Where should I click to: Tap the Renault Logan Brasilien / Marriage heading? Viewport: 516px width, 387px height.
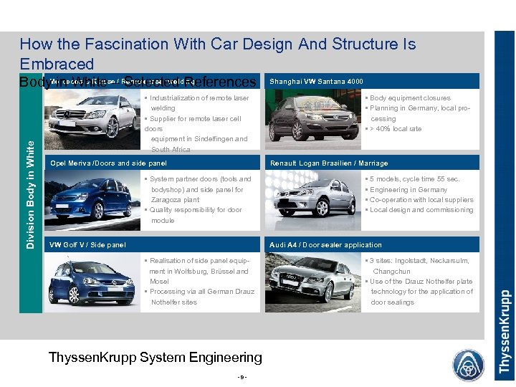(x=328, y=163)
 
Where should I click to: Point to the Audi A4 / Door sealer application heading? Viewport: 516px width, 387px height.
(x=325, y=245)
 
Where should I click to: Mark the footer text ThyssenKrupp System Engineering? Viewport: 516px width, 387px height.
(x=155, y=357)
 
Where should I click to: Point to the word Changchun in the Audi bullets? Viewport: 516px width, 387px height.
(x=391, y=272)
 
